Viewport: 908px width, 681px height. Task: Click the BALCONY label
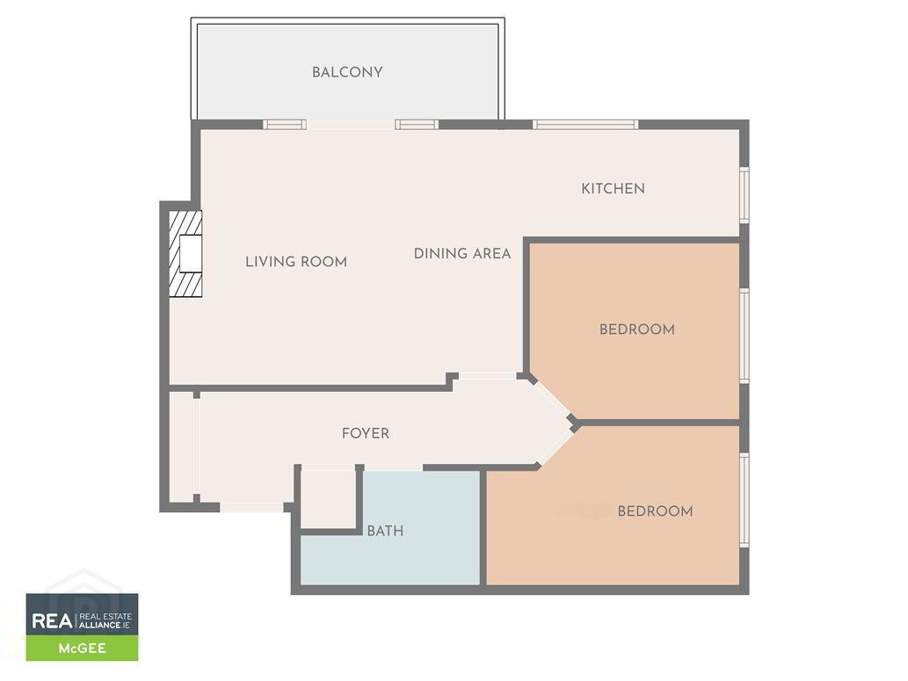point(347,72)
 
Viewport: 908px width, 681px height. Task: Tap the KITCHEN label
point(613,188)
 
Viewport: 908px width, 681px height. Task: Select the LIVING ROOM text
point(296,262)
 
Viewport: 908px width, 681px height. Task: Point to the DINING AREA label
point(462,253)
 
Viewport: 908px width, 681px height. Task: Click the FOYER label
point(366,433)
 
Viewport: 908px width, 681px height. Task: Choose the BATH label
point(385,531)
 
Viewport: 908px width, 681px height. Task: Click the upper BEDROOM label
point(637,330)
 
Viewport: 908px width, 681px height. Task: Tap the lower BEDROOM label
point(656,511)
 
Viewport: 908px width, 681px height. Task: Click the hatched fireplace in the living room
point(185,254)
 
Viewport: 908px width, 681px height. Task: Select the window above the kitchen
point(585,125)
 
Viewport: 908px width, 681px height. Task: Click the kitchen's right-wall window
point(745,194)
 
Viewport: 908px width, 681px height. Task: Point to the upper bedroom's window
point(745,336)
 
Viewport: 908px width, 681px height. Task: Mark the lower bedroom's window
point(745,500)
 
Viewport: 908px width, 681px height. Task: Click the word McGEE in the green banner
point(83,648)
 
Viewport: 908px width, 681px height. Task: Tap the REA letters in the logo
point(52,620)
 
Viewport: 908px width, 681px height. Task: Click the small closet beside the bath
point(329,498)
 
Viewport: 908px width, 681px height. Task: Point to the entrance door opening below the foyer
point(251,508)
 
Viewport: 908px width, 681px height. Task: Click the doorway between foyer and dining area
point(487,377)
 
